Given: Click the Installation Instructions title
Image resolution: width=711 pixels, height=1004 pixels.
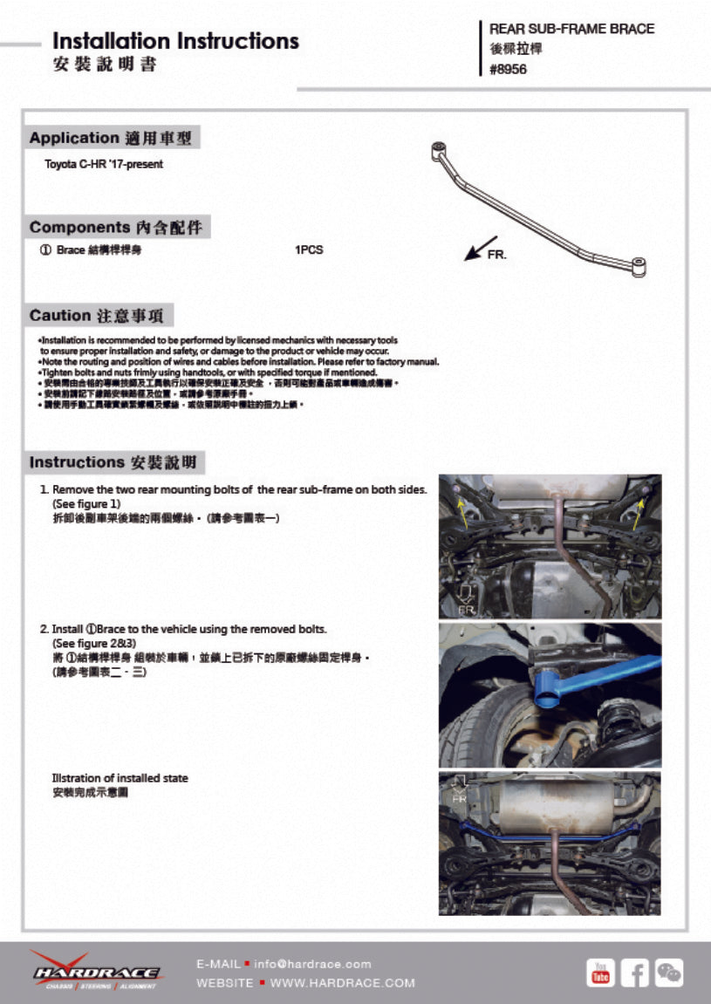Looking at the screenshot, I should point(175,41).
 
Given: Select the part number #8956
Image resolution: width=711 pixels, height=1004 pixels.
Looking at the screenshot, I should point(508,70).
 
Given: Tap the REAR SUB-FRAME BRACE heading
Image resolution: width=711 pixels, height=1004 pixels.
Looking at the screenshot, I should point(571,29).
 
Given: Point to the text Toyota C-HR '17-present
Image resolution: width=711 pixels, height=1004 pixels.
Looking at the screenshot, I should point(104,164).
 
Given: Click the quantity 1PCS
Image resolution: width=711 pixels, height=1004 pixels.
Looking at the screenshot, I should point(309,250).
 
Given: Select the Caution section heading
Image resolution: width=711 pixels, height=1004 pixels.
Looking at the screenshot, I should point(101,316).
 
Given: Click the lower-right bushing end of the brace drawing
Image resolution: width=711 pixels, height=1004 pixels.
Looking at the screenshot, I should point(639,265).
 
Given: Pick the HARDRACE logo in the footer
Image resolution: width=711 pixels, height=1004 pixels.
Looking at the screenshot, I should point(95,971).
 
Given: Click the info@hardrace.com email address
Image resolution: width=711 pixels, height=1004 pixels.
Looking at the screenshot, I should point(312,964).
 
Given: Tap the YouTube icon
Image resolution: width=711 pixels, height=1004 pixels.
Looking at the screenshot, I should point(600,973).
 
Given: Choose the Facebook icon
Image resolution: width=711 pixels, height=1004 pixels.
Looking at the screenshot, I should point(635,973).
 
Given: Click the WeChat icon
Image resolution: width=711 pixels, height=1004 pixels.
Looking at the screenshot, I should point(669,973).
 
